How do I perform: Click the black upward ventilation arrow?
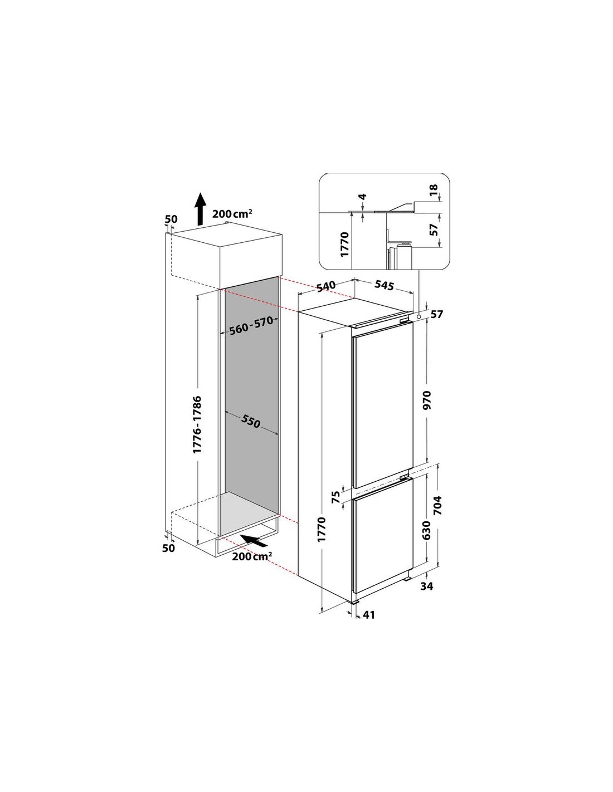[200, 209]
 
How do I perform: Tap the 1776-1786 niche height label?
[197, 424]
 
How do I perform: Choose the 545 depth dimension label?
[385, 285]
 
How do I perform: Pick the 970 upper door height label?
[427, 400]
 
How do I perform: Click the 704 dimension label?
[437, 505]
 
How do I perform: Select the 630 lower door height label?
[427, 530]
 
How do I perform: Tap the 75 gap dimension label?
[336, 496]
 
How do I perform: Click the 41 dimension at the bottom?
[369, 614]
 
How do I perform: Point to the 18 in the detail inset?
[433, 190]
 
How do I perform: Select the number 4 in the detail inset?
[362, 197]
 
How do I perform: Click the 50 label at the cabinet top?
[171, 219]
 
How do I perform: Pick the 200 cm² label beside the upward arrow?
[232, 213]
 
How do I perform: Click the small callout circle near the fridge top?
[419, 317]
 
